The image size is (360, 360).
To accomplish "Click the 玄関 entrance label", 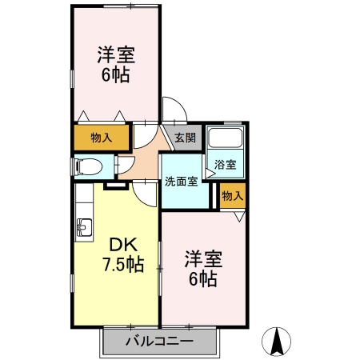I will pos(185,138).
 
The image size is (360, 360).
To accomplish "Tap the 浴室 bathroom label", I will pos(225,165).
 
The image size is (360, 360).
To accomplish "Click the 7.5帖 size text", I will pos(122,264).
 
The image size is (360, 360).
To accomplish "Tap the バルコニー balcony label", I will pos(159,342).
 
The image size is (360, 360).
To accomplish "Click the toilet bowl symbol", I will pos(87,166).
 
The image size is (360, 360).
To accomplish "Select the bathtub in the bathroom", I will pos(225,138).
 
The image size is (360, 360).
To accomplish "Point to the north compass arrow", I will pos(277,342).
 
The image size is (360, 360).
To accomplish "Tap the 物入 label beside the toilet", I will pos(102,138).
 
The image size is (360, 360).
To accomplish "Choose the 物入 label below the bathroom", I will pos(232,196).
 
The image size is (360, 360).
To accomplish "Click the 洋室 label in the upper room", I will pos(117,56).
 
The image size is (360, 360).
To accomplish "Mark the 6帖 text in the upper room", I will pos(117,76).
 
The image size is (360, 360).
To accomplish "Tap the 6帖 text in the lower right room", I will pos(203,279).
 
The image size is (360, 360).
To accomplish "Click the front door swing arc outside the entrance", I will pos(171,107).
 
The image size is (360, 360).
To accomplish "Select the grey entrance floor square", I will pos(185,138).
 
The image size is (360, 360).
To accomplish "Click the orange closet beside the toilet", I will pos(102,138).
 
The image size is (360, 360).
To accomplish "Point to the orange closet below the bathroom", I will pos(232,196).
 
